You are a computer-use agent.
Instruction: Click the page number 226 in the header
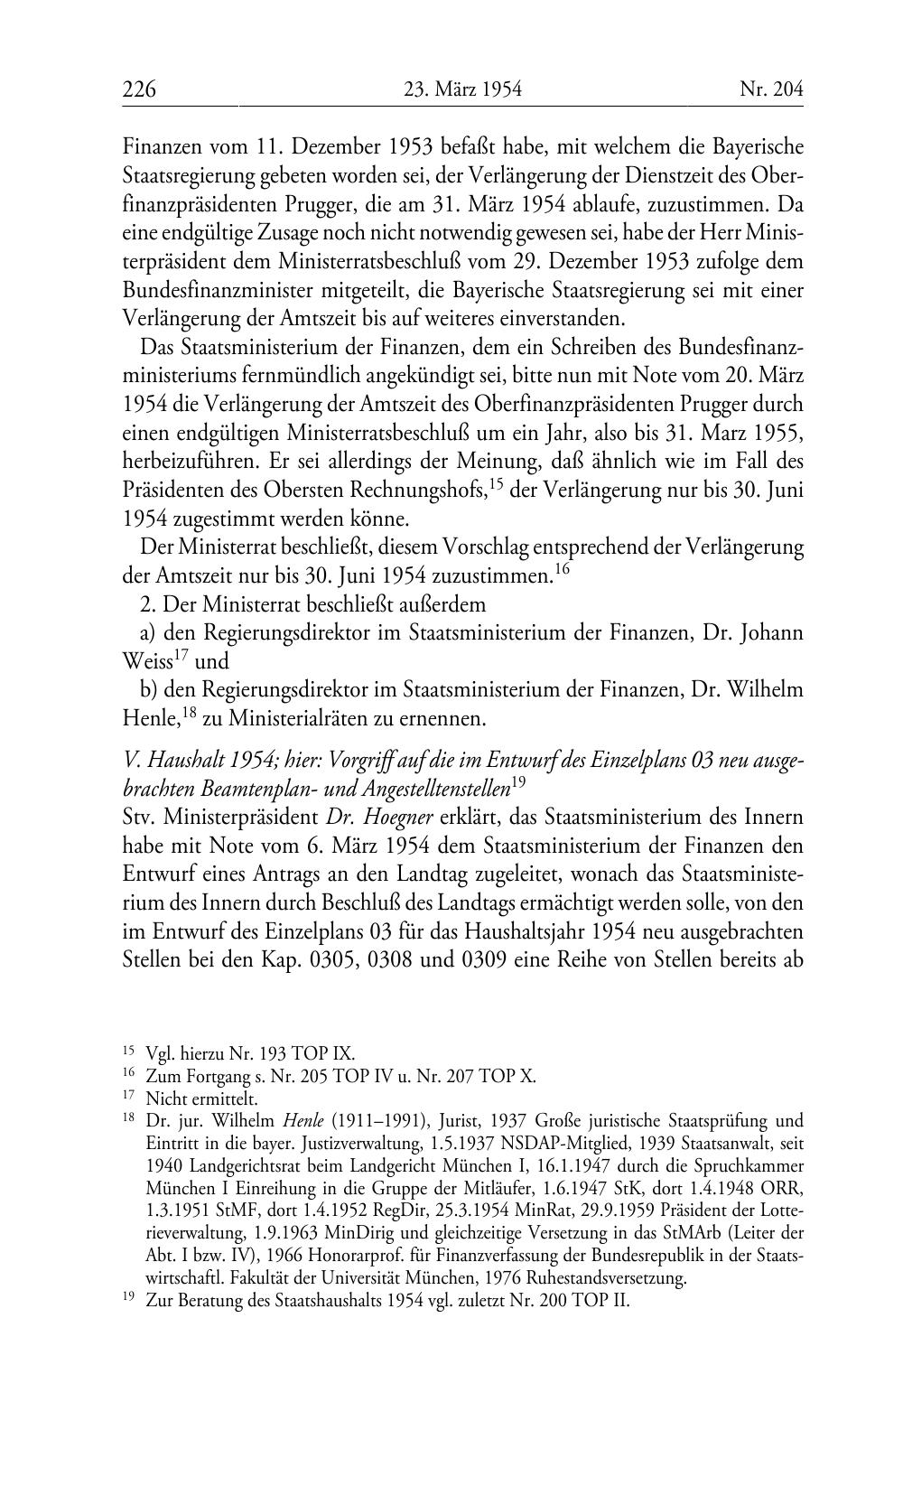point(140,89)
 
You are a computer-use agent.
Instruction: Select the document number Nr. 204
point(770,89)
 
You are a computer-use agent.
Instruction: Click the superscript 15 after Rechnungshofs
point(495,483)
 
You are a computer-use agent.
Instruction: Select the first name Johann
point(768,632)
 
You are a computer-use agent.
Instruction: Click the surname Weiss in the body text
point(147,661)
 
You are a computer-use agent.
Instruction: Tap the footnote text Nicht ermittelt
point(201,1099)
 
